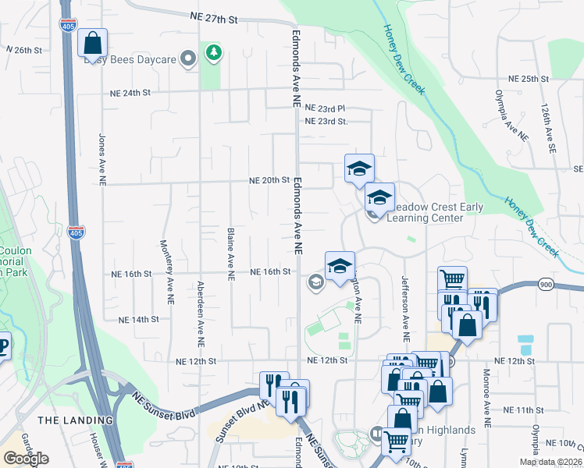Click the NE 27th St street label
[x=213, y=16]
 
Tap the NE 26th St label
[x=23, y=49]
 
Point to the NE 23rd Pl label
[x=325, y=108]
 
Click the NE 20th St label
[x=269, y=179]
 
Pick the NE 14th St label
[x=138, y=320]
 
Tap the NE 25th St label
[x=529, y=79]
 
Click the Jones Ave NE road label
[x=101, y=152]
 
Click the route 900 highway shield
[x=546, y=285]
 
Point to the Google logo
[x=26, y=458]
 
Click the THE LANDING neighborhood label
[x=75, y=420]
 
